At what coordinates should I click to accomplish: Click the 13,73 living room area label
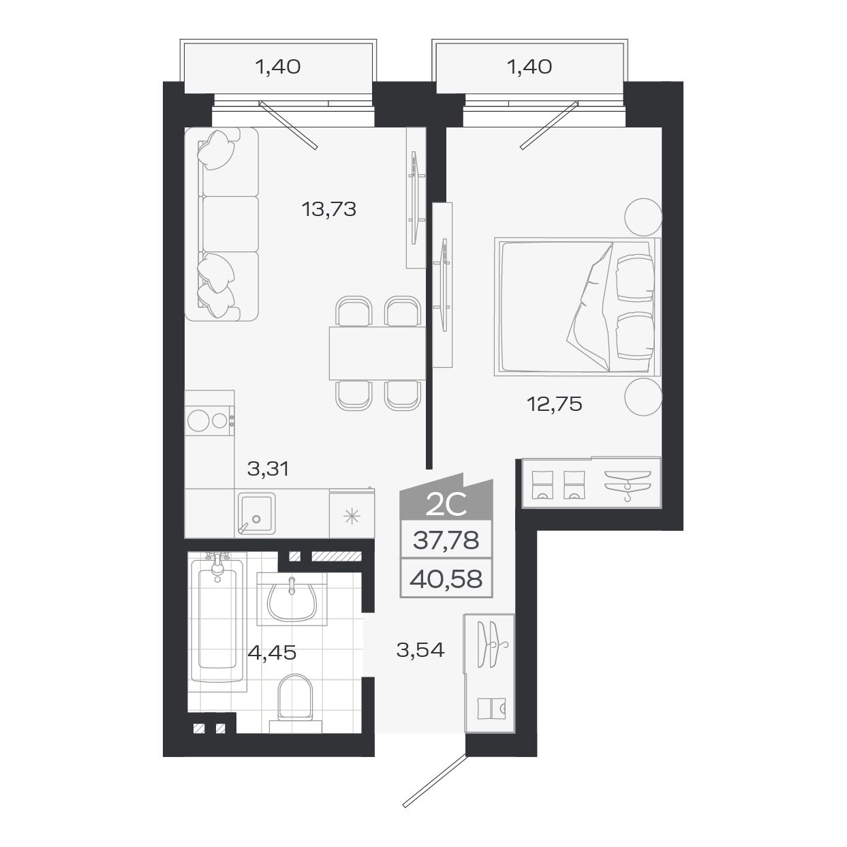(x=329, y=209)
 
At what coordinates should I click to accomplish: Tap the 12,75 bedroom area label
(x=554, y=405)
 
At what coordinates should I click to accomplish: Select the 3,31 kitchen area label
(x=268, y=468)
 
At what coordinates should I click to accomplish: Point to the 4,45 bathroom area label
(x=272, y=653)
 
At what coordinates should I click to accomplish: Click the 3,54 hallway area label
(x=420, y=650)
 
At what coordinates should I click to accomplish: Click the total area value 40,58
(x=447, y=579)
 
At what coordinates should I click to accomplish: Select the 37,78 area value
(x=446, y=542)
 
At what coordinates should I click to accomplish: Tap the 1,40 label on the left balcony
(x=277, y=67)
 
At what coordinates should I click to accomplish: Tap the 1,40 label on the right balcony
(x=529, y=67)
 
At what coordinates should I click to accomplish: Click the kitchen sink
(x=256, y=513)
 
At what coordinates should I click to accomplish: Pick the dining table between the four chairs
(x=377, y=353)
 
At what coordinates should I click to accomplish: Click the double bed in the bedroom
(x=576, y=306)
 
